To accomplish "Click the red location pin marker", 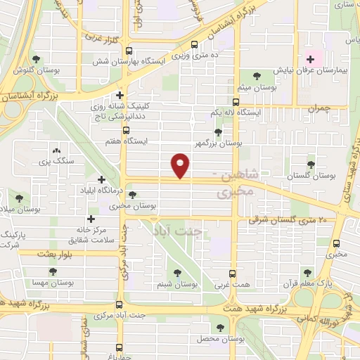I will point(181,165).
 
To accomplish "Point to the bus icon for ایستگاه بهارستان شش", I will point(129,51).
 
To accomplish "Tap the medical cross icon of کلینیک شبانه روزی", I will point(121,96).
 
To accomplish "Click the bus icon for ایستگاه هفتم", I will point(127,130).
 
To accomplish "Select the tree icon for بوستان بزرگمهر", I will point(218,131).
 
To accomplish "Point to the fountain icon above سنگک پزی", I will point(57,150).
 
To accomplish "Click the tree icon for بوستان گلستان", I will point(311,165).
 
